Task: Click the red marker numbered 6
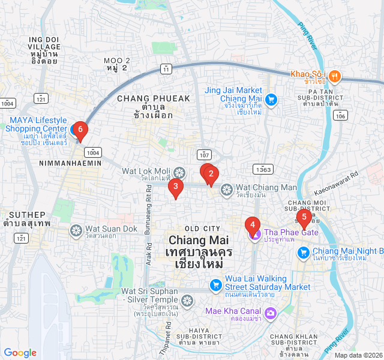coord(80,130)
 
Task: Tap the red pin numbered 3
coord(175,188)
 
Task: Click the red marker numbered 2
coord(211,175)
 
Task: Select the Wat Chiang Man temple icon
coord(226,190)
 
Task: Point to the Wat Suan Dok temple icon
coord(76,230)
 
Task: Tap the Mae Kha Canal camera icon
coord(271,313)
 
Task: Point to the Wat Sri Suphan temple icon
coord(188,300)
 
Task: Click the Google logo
coord(20,353)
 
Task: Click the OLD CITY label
coord(202,229)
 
